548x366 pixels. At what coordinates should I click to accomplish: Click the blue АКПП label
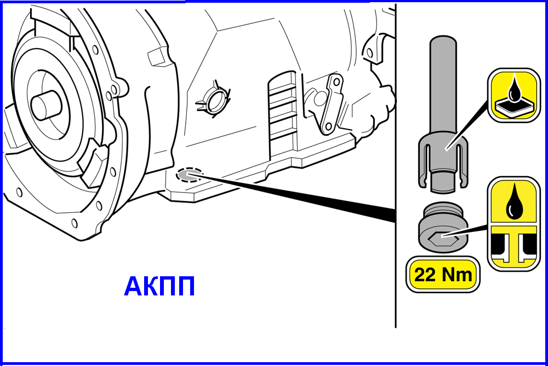pos(159,286)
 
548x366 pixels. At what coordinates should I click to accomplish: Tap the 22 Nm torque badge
pos(443,274)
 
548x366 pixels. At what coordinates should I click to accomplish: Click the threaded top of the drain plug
pos(443,211)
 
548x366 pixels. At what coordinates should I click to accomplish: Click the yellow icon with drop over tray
pos(514,95)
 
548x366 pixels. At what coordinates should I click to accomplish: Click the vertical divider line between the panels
pos(396,166)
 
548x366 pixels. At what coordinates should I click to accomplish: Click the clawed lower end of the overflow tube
pos(443,164)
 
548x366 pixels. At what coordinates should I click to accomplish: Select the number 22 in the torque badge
pos(425,275)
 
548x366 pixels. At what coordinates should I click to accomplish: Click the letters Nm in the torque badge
pos(457,275)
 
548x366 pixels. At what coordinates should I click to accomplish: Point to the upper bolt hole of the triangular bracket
pos(336,83)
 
